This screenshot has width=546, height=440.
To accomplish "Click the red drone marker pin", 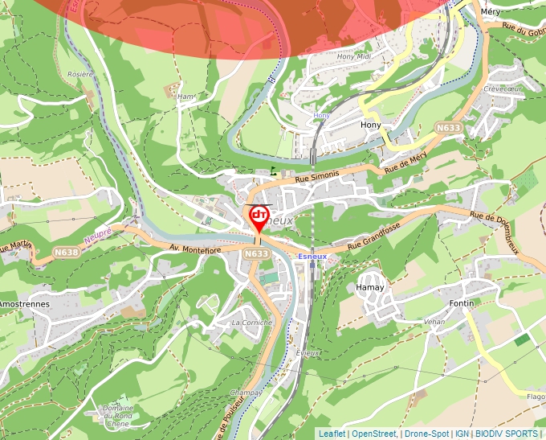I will click(x=259, y=217).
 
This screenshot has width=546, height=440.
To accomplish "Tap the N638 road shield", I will click(x=67, y=252).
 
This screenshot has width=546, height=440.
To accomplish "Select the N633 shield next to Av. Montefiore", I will click(x=256, y=254).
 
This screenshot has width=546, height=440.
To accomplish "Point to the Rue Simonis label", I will click(x=317, y=175).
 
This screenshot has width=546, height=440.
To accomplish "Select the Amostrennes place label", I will click(x=24, y=305).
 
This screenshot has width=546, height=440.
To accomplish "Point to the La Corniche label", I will click(x=251, y=322).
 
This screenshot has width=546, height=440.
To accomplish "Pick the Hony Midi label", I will click(x=354, y=56).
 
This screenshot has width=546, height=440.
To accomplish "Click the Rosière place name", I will click(x=80, y=73).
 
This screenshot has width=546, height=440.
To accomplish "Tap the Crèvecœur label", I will click(x=503, y=88).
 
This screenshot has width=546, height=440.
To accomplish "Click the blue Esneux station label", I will click(x=312, y=256).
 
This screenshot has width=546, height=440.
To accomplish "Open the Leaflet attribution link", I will click(x=332, y=434).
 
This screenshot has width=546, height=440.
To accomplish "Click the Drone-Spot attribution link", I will click(x=426, y=434).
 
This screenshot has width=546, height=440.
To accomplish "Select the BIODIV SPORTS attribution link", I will click(x=506, y=434).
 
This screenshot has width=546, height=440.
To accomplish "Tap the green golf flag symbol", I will click(x=275, y=170).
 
